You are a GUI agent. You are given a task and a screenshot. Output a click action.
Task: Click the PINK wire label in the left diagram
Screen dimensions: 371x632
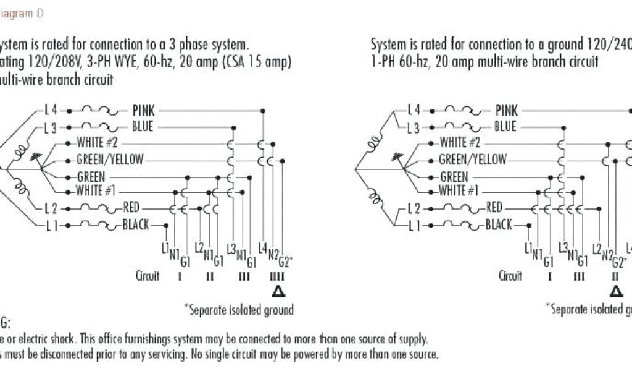[143, 111]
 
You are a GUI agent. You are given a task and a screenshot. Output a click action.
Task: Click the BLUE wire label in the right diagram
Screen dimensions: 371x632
[505, 127]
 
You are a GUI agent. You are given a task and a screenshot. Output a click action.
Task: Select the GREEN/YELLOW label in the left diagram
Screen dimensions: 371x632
[110, 160]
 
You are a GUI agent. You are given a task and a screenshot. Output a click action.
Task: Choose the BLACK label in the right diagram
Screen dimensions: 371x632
[499, 224]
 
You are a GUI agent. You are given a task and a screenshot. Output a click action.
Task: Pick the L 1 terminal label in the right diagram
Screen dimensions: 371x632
[414, 224]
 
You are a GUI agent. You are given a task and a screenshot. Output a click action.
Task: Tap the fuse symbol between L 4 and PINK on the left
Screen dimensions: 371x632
[98, 111]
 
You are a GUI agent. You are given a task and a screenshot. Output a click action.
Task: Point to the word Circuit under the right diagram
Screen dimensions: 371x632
[510, 276]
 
